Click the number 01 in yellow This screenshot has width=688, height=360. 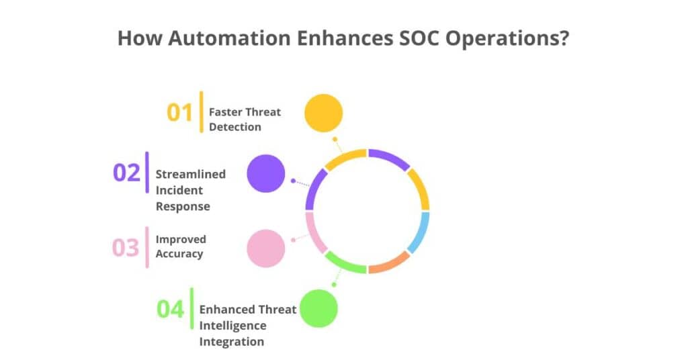click(179, 113)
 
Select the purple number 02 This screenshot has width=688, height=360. click(126, 173)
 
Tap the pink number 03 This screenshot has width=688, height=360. click(126, 247)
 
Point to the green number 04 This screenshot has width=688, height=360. click(170, 309)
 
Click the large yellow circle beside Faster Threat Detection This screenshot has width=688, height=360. click(323, 113)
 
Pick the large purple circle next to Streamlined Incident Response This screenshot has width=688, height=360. click(266, 173)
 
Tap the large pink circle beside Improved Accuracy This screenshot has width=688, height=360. click(266, 249)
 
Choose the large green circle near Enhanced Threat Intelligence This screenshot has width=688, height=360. click(318, 308)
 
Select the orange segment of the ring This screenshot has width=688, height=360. click(390, 264)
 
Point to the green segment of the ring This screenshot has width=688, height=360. click(345, 264)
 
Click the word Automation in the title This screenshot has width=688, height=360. click(229, 38)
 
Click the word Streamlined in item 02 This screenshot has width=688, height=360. click(190, 174)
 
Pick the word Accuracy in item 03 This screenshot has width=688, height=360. click(179, 254)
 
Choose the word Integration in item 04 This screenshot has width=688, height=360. click(232, 342)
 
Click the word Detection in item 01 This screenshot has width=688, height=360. click(234, 127)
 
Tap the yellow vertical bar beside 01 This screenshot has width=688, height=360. click(202, 111)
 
